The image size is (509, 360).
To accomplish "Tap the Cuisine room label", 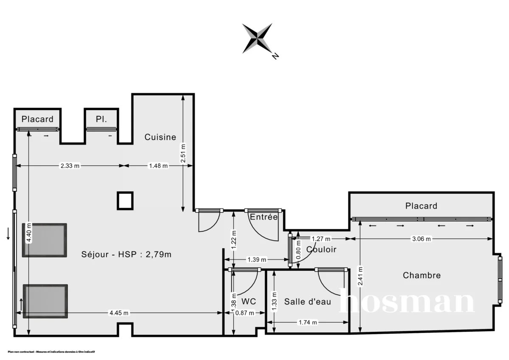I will click(x=160, y=137).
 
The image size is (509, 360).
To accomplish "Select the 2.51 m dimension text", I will click(x=183, y=152).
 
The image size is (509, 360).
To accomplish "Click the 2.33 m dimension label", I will click(x=70, y=166).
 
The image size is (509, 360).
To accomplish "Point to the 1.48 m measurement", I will click(x=158, y=166).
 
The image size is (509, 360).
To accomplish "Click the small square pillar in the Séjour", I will click(x=125, y=201).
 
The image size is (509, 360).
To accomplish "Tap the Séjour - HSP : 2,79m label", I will click(x=126, y=254).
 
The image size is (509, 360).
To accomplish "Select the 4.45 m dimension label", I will click(x=119, y=313).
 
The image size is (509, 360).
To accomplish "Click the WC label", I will click(x=249, y=301).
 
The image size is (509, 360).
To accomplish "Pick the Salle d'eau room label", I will click(x=308, y=301).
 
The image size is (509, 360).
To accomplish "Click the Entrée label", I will click(x=264, y=217).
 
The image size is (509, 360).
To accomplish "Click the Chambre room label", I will click(x=422, y=275).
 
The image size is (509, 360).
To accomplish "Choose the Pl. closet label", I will click(x=101, y=119).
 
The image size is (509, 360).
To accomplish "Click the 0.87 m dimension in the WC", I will click(x=245, y=313).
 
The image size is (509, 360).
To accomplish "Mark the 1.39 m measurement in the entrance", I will click(x=257, y=260).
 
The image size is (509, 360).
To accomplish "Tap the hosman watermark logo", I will click(x=406, y=302).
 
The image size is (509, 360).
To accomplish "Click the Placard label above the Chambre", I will click(x=421, y=206).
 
